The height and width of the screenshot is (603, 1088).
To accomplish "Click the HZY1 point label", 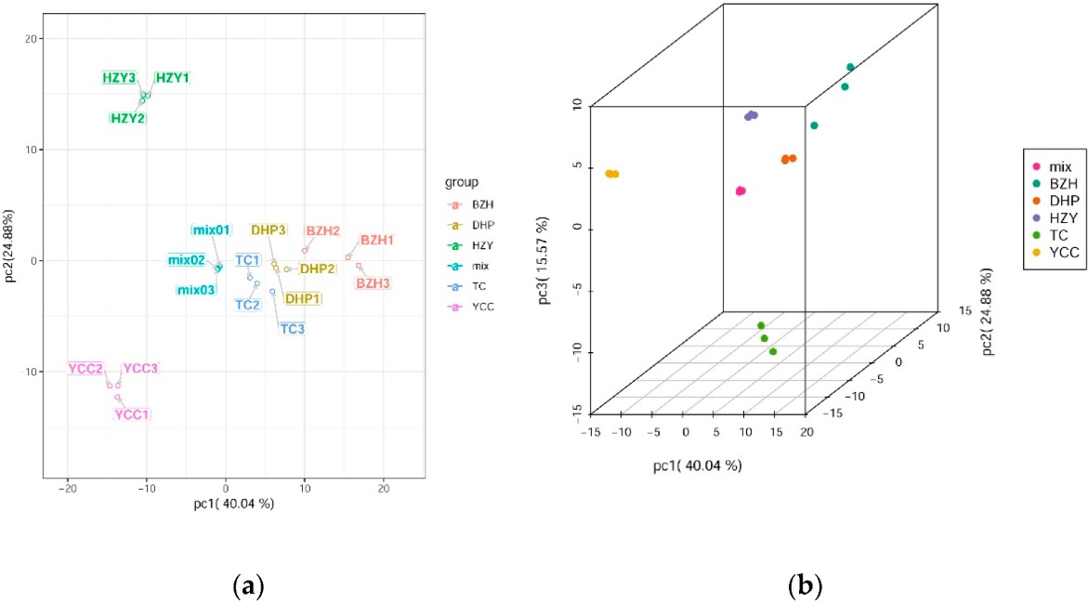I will click(x=172, y=78).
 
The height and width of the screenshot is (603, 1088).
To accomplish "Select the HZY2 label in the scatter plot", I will click(x=127, y=118).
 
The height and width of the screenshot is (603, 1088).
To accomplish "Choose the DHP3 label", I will click(x=268, y=229).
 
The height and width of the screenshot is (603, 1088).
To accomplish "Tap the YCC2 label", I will click(x=86, y=369).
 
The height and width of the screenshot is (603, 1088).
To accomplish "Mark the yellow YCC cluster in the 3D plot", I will click(x=611, y=174).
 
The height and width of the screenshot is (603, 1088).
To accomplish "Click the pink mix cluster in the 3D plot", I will click(x=741, y=190).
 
